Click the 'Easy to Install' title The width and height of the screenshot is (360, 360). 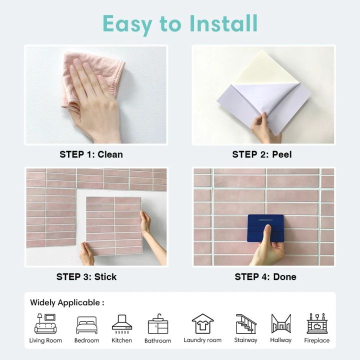tap(180, 23)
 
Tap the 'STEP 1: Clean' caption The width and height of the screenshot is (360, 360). tap(91, 154)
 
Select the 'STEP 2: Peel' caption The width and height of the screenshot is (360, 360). tap(261, 154)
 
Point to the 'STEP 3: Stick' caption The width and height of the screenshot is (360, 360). tap(86, 276)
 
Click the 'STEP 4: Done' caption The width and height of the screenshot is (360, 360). tap(265, 276)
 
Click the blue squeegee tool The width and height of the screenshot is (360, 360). tap(265, 228)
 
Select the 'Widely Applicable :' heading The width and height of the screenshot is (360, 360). tap(67, 302)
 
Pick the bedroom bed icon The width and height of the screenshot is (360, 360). tap(86, 325)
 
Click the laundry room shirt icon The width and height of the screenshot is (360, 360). tap(202, 324)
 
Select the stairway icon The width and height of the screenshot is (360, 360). tap(245, 324)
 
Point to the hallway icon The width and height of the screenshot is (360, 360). tap(280, 324)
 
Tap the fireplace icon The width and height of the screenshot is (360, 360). tap(317, 324)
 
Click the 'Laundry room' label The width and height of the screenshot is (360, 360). tap(202, 340)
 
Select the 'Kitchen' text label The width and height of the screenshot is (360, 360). tap(122, 340)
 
